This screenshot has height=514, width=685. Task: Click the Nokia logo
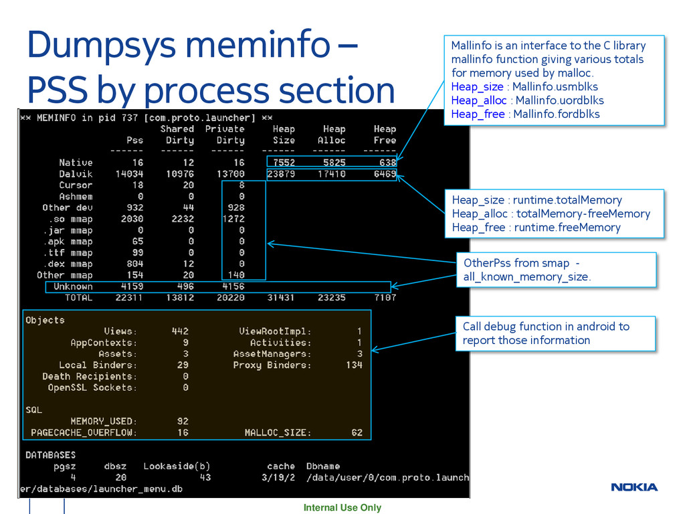(x=634, y=487)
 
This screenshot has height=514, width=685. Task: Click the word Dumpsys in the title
(x=100, y=46)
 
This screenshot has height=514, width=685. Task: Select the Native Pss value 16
(x=137, y=163)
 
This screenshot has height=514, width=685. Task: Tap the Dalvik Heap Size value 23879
(x=281, y=174)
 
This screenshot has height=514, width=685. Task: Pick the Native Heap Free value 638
(x=387, y=163)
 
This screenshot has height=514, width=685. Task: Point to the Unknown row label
(x=73, y=286)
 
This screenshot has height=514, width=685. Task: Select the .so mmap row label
(x=68, y=219)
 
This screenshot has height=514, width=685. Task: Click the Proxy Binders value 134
(x=354, y=365)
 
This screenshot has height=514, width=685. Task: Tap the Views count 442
(x=179, y=331)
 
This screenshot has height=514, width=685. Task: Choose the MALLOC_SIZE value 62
(x=357, y=433)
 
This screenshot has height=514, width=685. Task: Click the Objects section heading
(x=45, y=320)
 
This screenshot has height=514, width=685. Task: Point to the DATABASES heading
(x=50, y=455)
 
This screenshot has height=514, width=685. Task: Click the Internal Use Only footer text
(x=342, y=508)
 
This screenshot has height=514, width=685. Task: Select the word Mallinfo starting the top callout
(x=471, y=46)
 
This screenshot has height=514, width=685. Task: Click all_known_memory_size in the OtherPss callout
(x=526, y=277)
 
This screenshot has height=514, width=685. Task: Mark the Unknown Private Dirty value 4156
(x=233, y=286)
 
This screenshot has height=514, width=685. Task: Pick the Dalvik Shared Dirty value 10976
(x=179, y=174)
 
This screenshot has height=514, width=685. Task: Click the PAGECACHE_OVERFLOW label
(x=84, y=433)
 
